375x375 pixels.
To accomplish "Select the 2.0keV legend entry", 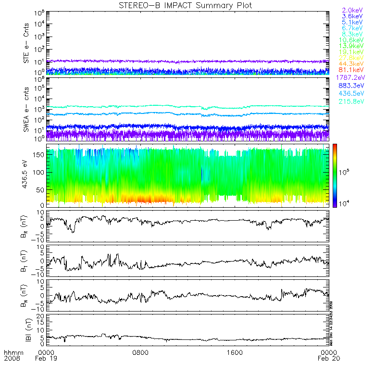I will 352,10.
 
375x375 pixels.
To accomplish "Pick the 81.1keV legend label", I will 352,70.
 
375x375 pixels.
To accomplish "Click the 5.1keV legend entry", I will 352,22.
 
